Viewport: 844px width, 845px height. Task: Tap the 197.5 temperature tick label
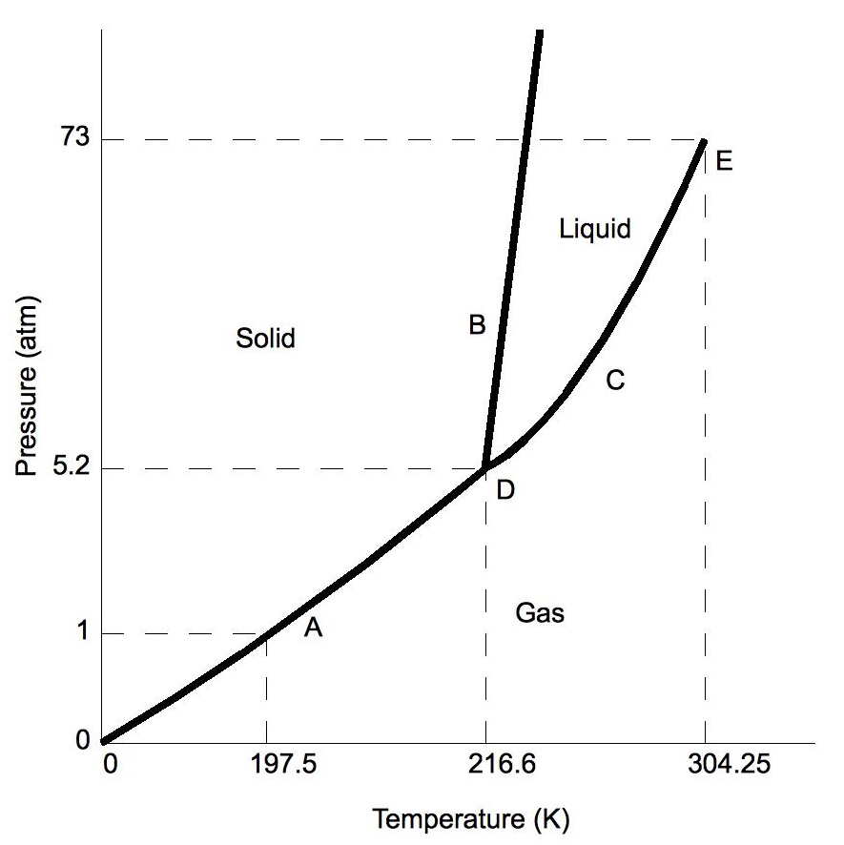click(x=266, y=766)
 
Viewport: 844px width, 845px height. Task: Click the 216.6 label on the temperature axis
click(x=486, y=766)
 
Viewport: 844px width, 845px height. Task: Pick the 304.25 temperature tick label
click(x=705, y=766)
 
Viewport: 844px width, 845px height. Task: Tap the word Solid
click(x=265, y=338)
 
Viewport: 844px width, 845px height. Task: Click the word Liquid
click(x=595, y=229)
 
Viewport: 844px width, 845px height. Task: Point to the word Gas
click(x=540, y=613)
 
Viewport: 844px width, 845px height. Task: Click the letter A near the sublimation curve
click(x=313, y=628)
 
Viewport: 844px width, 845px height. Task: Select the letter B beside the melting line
click(x=477, y=325)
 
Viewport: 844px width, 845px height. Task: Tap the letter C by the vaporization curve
click(x=615, y=381)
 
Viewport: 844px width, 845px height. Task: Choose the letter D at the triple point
click(x=505, y=490)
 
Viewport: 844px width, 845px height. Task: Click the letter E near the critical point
click(x=724, y=161)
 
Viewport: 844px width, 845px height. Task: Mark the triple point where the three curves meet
click(x=485, y=467)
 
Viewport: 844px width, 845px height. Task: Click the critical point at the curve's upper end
click(x=704, y=141)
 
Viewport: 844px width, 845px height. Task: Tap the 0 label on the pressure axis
click(x=83, y=740)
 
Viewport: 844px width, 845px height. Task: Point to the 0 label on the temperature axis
click(x=111, y=766)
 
